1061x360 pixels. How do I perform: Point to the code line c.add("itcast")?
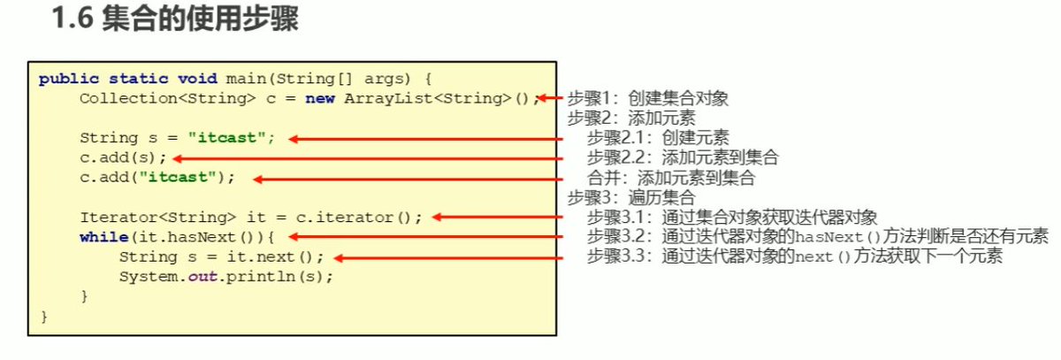(157, 177)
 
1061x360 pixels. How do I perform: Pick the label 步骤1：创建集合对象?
(647, 98)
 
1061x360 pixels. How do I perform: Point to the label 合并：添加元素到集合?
(671, 178)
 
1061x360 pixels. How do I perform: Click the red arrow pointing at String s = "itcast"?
(424, 139)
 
